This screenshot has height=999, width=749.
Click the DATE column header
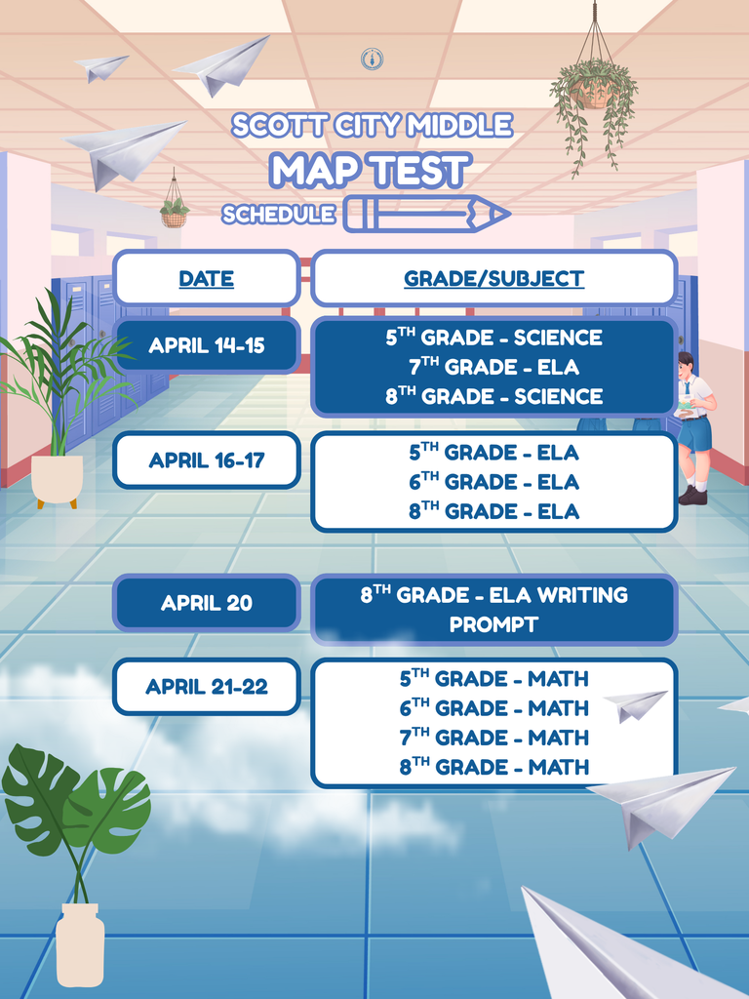[x=206, y=279]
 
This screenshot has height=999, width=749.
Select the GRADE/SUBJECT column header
[x=493, y=279]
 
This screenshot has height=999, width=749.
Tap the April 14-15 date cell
[x=206, y=345]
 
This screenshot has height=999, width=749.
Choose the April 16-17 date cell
[x=206, y=460]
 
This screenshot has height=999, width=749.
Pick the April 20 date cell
[x=206, y=603]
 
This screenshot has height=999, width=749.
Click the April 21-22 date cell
[x=206, y=687]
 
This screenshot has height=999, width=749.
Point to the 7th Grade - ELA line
[x=493, y=367]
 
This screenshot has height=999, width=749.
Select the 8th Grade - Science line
[x=493, y=396]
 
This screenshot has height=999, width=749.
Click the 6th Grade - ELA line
[x=493, y=482]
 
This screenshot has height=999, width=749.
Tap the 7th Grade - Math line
[x=493, y=738]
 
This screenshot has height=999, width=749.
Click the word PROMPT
[x=493, y=625]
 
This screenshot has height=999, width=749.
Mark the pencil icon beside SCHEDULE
[x=427, y=214]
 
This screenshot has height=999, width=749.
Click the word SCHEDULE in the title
[x=279, y=215]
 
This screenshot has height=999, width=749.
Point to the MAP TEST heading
[x=371, y=170]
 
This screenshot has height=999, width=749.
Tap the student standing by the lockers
[x=693, y=427]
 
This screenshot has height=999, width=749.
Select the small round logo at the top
[x=372, y=59]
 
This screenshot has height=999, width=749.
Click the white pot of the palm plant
[x=57, y=479]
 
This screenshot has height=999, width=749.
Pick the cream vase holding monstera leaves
[x=80, y=943]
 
